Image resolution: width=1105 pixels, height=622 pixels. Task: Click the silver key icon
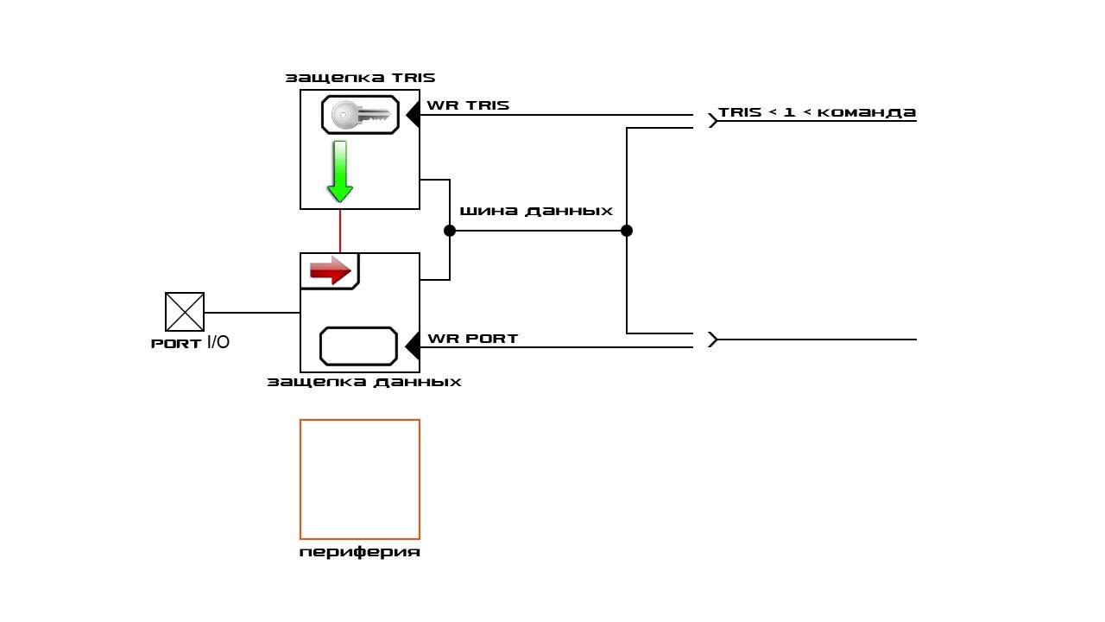[361, 115]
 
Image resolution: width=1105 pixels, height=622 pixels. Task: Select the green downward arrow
[340, 171]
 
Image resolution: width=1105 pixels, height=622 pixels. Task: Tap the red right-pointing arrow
[330, 270]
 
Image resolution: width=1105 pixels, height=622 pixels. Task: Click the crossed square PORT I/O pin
[185, 312]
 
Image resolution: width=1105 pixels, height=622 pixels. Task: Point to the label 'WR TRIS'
[468, 105]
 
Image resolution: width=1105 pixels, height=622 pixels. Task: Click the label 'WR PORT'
[472, 339]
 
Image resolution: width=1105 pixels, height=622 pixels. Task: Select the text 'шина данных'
[536, 212]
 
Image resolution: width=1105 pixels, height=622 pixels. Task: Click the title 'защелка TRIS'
[360, 78]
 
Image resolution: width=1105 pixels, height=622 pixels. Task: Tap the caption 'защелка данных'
[364, 382]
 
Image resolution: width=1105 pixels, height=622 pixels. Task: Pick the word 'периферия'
[360, 552]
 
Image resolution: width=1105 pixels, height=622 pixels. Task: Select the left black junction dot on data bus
[450, 231]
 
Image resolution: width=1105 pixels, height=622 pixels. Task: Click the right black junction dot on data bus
[627, 231]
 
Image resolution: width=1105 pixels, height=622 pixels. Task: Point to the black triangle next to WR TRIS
[414, 115]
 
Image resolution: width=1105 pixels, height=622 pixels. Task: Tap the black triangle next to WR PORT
[414, 346]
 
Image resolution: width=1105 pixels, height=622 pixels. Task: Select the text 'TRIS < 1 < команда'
[817, 112]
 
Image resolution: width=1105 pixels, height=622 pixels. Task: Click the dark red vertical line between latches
[340, 231]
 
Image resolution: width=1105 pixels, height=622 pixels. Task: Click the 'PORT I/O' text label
[190, 343]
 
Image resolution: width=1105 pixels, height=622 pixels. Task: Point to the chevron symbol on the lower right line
[713, 340]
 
